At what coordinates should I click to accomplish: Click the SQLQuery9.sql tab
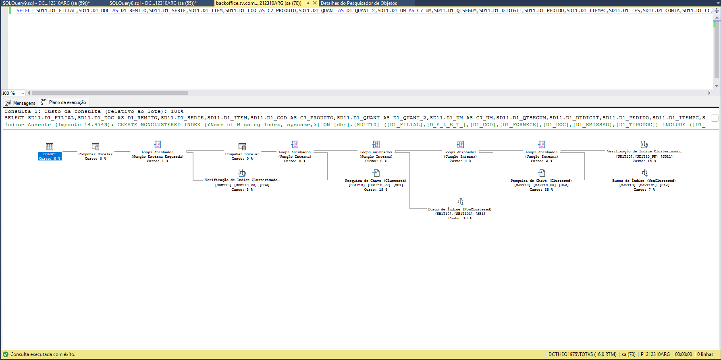(46, 3)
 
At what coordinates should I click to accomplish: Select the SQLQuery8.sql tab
(153, 3)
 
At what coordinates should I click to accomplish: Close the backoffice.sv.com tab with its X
(315, 3)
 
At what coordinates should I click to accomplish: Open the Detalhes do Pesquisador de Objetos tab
(359, 3)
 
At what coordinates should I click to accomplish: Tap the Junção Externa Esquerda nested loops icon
(158, 145)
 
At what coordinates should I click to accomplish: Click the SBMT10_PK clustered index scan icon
(242, 173)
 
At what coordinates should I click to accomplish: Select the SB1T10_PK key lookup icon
(376, 173)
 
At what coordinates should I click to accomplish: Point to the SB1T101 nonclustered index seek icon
(460, 202)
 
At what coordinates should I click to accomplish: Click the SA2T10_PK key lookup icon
(541, 173)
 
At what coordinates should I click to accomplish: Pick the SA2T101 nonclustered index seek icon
(644, 173)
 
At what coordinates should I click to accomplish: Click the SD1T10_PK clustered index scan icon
(644, 144)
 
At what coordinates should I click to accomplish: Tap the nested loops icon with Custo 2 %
(541, 145)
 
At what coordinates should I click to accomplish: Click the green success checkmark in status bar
(6, 354)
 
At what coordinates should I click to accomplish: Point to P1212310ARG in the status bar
(655, 354)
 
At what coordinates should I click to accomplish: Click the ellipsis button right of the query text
(715, 118)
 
